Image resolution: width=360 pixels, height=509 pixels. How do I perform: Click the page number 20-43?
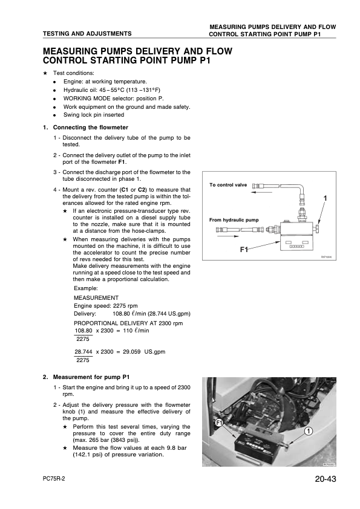326,479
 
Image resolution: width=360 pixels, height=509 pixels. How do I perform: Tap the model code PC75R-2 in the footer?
54,479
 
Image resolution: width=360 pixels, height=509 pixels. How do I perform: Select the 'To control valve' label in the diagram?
228,185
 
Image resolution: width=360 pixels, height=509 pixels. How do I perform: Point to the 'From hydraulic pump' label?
234,220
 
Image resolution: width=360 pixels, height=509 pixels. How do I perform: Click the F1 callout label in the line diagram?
244,249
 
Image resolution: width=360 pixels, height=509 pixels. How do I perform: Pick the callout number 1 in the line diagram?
326,198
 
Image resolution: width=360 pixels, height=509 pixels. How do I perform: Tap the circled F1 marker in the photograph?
218,423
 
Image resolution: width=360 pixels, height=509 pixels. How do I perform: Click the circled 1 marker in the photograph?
309,431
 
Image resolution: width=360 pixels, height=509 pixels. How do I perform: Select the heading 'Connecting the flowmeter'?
91,127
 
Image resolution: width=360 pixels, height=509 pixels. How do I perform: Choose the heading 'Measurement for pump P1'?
91,377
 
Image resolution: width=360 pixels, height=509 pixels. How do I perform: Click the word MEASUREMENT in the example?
96,297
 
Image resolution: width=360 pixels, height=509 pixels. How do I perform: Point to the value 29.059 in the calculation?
131,352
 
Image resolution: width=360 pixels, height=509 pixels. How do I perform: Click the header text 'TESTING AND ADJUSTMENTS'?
87,33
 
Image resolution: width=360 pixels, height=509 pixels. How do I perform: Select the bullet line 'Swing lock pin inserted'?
94,115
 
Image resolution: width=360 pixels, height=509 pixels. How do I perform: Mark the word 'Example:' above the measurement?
86,288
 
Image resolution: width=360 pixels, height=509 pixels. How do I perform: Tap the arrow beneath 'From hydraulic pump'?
227,236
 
